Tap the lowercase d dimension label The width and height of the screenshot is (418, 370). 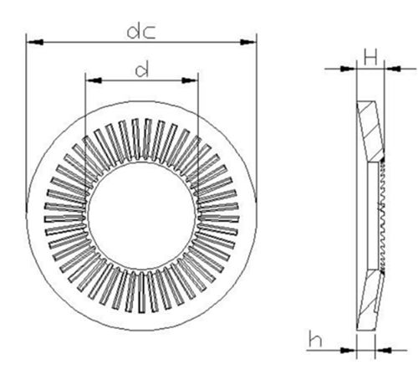point(142,70)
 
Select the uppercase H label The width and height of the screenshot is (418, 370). point(370,57)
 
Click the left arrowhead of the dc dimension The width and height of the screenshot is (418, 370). point(33,40)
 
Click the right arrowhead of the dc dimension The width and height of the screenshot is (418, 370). point(247,40)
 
